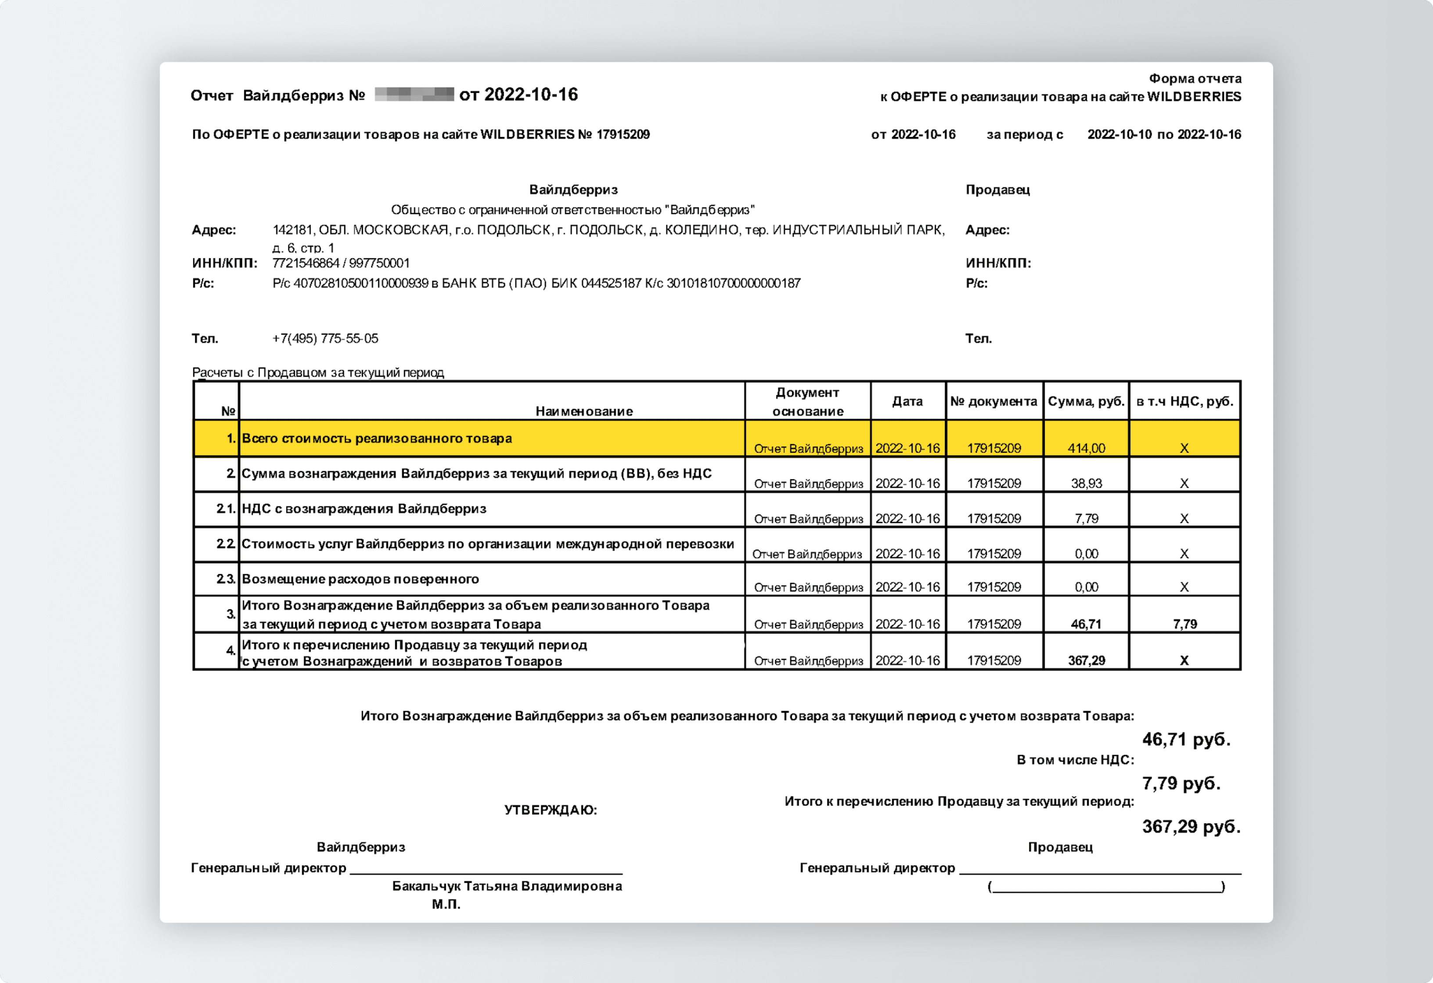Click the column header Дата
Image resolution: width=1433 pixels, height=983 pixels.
(x=907, y=401)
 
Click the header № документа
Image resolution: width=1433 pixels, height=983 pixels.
(x=994, y=401)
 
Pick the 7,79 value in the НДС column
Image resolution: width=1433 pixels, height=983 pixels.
(x=1185, y=624)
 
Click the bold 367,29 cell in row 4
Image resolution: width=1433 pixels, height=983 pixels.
(x=1087, y=660)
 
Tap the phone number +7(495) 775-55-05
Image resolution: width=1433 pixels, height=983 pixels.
(x=325, y=338)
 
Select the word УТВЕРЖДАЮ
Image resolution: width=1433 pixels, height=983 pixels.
(x=550, y=810)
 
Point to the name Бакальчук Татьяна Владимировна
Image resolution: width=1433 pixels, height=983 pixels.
(x=507, y=886)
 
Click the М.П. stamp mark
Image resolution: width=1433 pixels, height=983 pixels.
(x=446, y=904)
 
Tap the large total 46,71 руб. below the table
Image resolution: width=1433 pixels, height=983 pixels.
(x=1186, y=739)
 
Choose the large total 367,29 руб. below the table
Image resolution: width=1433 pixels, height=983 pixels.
(x=1191, y=826)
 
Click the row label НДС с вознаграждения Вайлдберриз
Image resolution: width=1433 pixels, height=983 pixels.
(x=364, y=509)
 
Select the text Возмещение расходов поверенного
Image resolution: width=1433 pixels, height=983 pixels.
(x=360, y=579)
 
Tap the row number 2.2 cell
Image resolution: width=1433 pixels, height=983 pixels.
(x=226, y=544)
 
